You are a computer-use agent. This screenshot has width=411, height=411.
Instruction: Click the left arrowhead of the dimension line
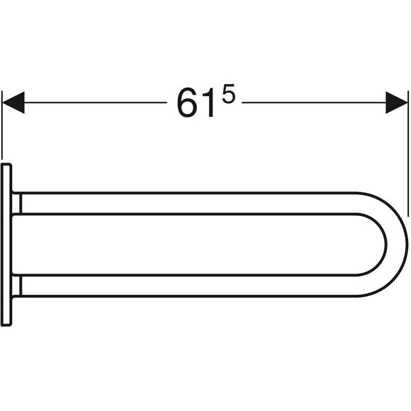13,103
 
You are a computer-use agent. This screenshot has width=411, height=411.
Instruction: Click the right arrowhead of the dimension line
396,103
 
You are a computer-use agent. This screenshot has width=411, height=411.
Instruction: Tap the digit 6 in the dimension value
187,102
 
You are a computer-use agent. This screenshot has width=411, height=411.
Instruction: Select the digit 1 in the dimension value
208,102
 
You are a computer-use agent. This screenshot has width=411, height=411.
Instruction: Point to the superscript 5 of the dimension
228,93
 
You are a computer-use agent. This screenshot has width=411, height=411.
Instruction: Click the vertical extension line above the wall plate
2,125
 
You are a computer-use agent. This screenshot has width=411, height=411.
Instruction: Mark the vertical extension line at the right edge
408,154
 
